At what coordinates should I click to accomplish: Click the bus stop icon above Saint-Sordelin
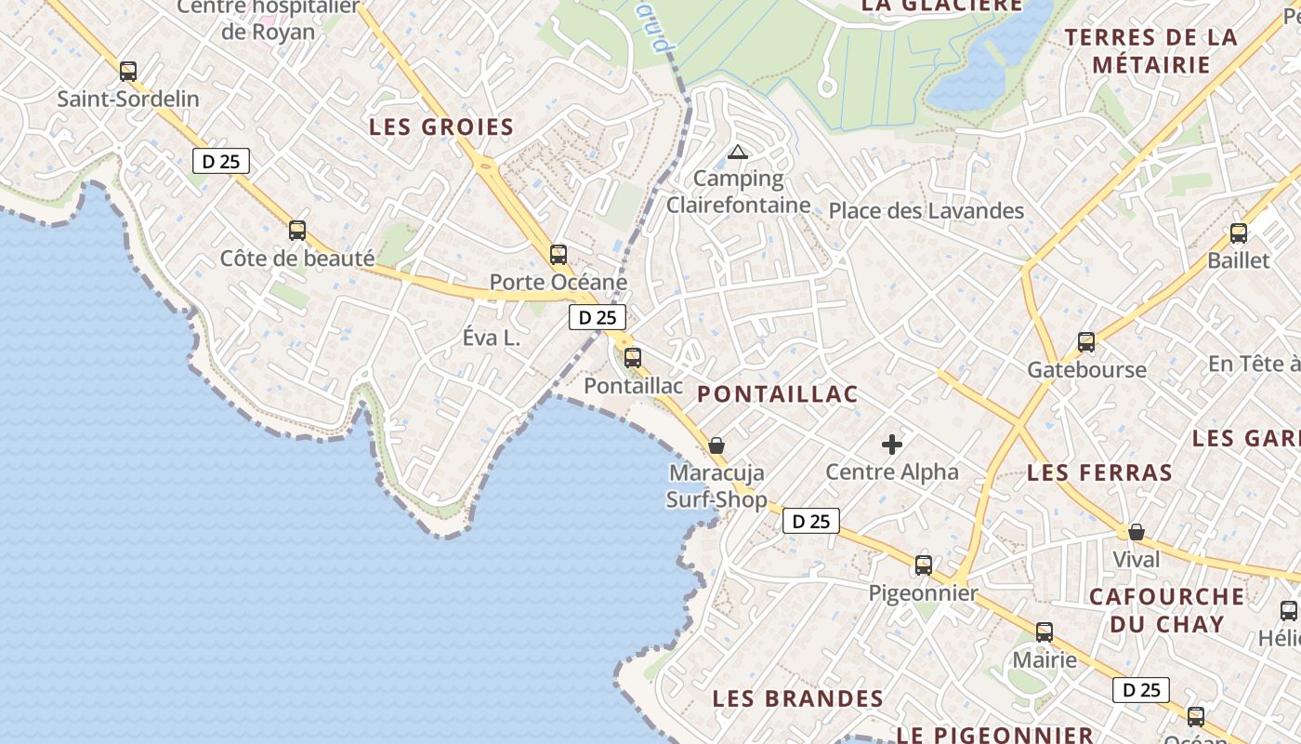[128, 71]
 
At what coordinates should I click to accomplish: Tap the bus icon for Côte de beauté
[297, 230]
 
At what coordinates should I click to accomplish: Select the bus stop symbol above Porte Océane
[559, 254]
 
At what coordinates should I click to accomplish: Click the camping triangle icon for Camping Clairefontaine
[738, 152]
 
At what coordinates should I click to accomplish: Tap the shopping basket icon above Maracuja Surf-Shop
[716, 445]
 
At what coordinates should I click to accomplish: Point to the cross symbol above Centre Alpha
[892, 445]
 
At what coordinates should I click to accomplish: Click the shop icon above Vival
[1136, 532]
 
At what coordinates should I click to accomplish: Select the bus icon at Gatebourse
[1086, 342]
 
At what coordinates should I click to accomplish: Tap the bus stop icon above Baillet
[1239, 232]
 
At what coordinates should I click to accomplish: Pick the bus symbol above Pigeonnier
[924, 565]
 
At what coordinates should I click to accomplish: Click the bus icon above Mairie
[1045, 632]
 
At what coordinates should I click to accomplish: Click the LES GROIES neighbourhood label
[441, 127]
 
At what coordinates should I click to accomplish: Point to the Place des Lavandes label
[926, 211]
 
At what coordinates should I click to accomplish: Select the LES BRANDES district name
[797, 698]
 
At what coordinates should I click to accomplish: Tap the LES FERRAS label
[1099, 472]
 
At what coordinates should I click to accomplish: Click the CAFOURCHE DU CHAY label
[1166, 610]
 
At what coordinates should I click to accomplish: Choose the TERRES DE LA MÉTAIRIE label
[1151, 51]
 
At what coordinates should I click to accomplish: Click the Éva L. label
[492, 339]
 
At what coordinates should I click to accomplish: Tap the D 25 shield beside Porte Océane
[597, 317]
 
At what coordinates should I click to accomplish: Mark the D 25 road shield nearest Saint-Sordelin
[221, 161]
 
